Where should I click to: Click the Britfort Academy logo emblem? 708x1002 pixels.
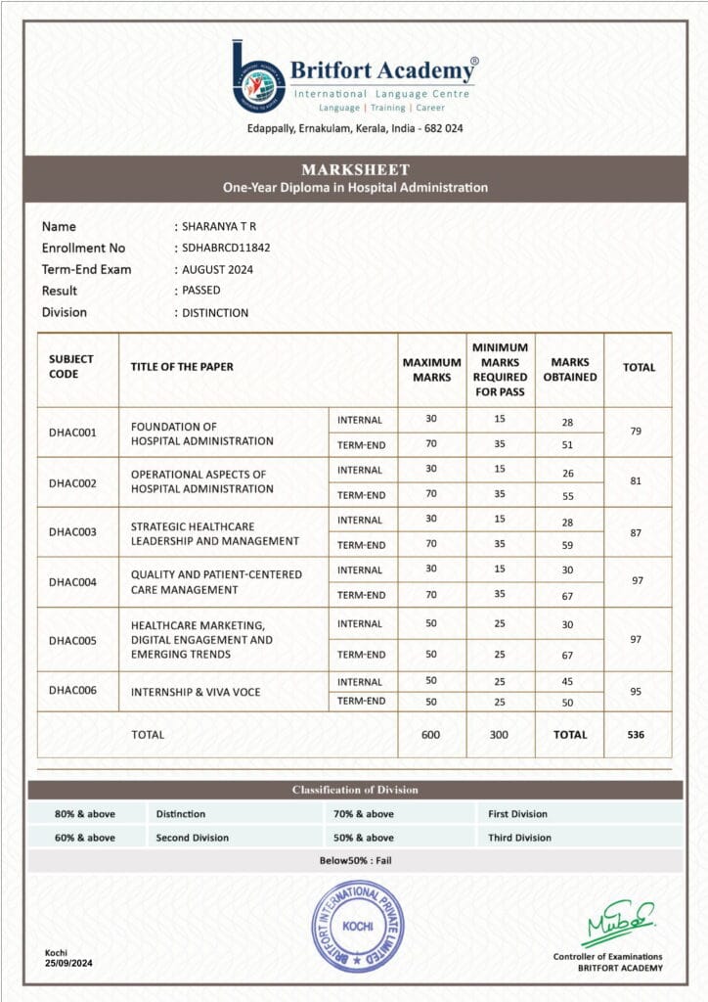[x=258, y=75]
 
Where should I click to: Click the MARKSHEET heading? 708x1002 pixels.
[x=355, y=169]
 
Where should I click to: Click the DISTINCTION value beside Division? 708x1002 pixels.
[x=215, y=313]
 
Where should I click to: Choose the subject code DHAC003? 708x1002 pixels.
[x=72, y=531]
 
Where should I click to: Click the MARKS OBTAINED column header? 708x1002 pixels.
[x=569, y=370]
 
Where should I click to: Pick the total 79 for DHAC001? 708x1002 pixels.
[x=638, y=432]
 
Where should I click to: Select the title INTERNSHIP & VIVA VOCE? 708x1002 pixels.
[x=196, y=692]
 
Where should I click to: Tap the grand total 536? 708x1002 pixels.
[x=638, y=734]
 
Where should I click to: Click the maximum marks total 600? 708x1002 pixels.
[x=431, y=734]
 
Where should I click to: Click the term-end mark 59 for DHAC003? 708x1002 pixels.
[x=568, y=545]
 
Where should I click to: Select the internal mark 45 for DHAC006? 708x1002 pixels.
[x=568, y=682]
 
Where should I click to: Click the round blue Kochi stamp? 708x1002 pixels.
[x=357, y=926]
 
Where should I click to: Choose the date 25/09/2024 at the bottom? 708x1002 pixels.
[x=69, y=964]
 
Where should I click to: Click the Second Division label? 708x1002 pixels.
[x=192, y=838]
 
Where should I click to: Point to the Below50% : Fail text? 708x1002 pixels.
[x=355, y=861]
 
